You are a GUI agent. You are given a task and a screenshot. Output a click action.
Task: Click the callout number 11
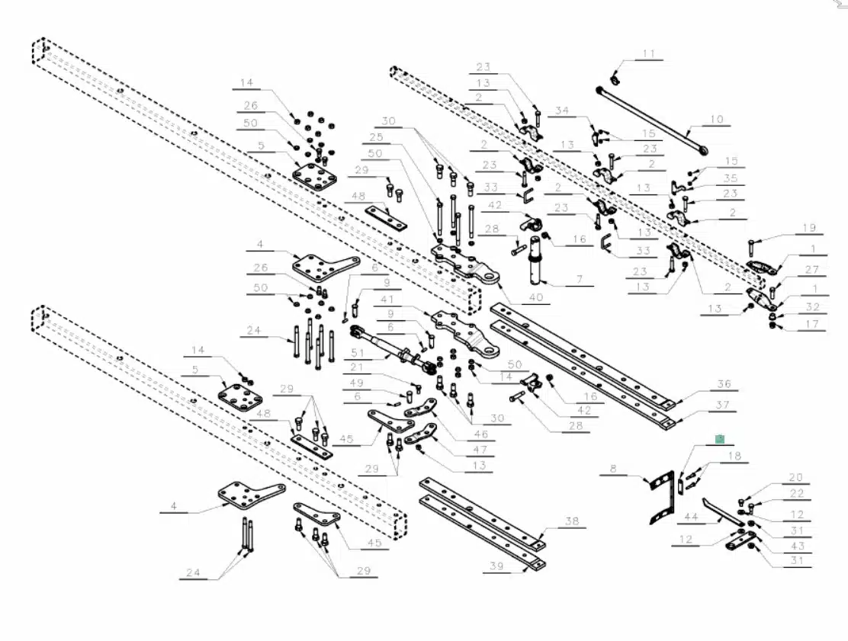tap(648, 53)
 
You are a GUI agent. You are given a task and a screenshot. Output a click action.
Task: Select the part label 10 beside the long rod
tap(716, 119)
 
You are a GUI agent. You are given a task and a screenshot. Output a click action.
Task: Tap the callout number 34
tap(562, 111)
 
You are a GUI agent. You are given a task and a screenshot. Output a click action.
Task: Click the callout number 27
tap(811, 269)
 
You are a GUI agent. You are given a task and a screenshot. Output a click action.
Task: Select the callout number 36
tap(724, 384)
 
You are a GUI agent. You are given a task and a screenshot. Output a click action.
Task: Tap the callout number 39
tap(497, 566)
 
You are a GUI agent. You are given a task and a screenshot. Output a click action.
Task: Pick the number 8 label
tap(612, 468)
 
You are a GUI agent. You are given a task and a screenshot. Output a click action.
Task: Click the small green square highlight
tap(719, 440)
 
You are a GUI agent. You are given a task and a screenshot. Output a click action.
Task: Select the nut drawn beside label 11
tap(615, 79)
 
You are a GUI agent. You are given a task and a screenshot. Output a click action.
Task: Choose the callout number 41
tap(387, 300)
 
